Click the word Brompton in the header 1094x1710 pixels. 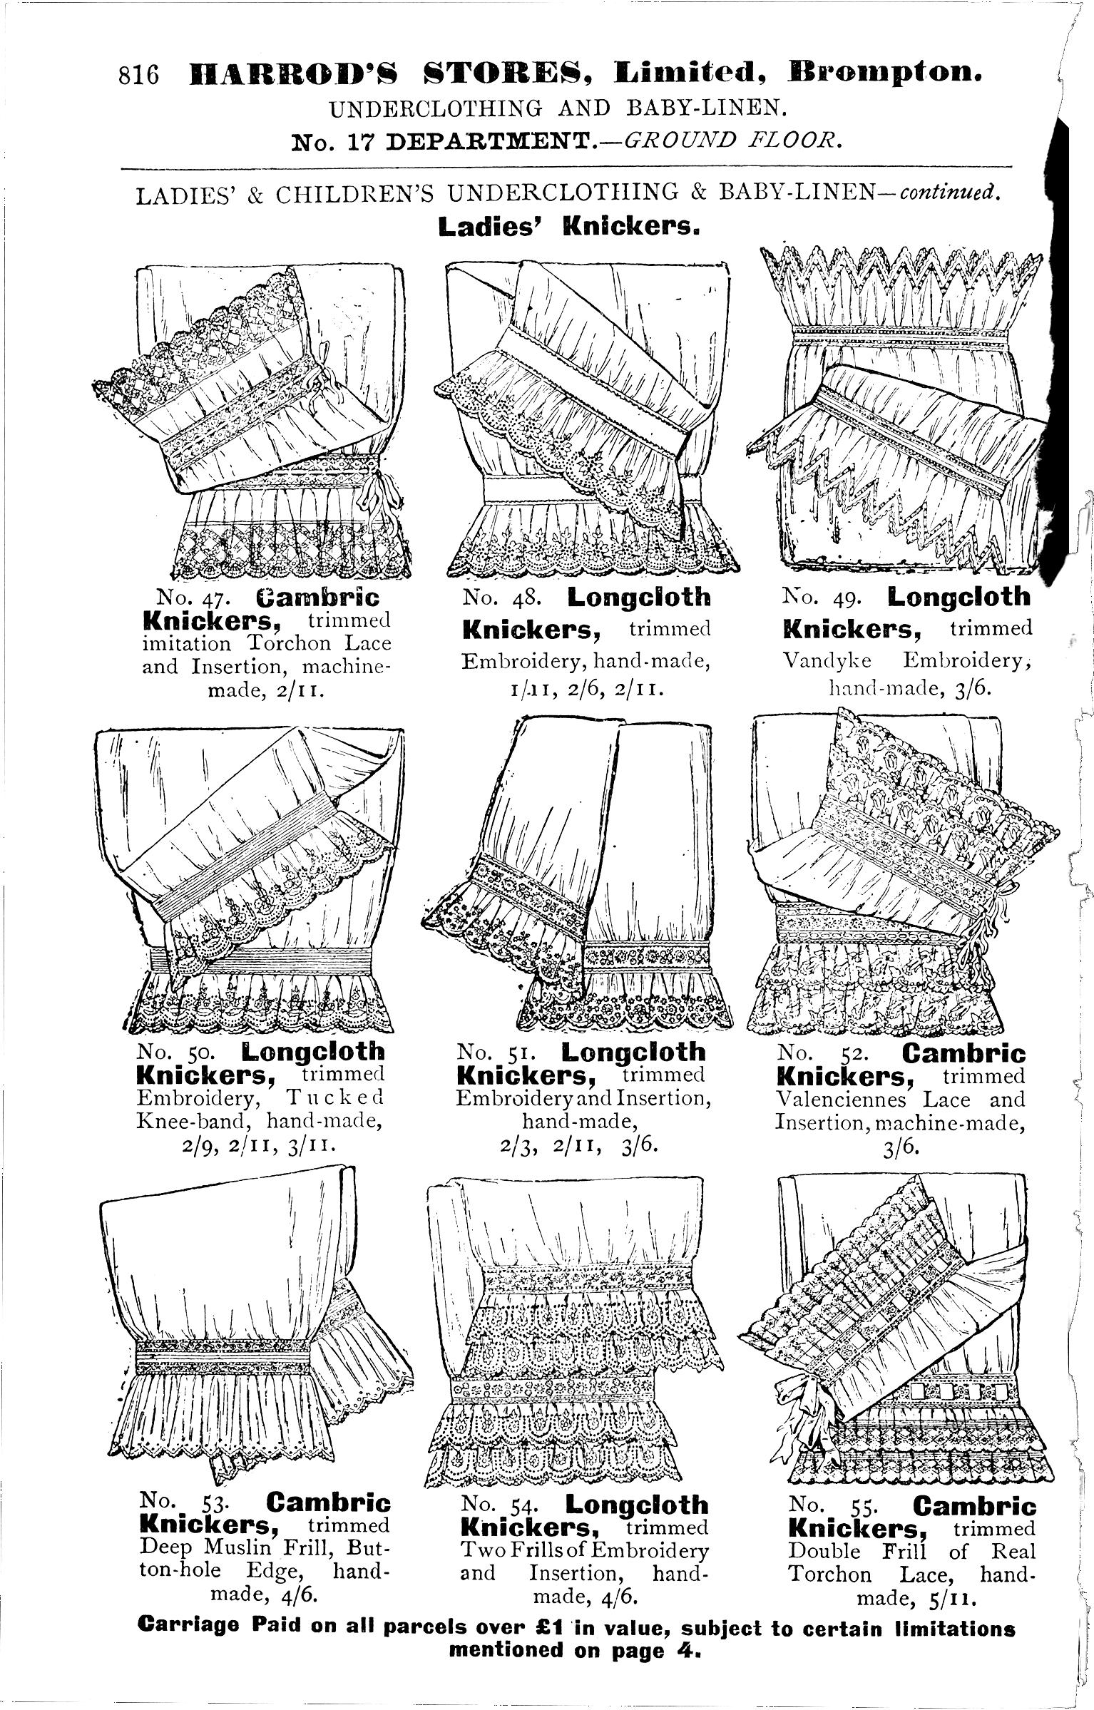click(x=885, y=73)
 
